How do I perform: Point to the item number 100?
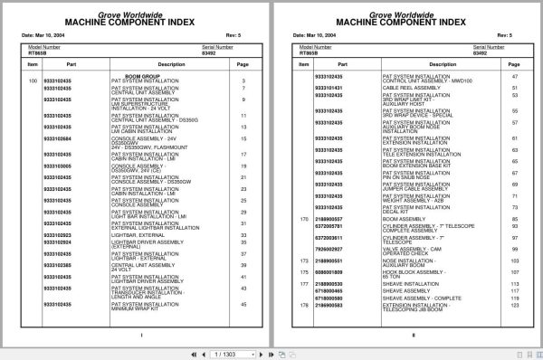pos(33,81)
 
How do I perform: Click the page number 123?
pos(513,307)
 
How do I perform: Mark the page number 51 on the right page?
pos(513,87)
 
